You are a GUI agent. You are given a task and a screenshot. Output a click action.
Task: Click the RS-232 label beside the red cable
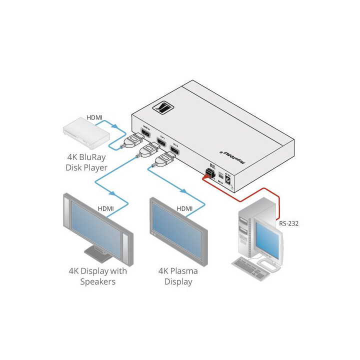289,223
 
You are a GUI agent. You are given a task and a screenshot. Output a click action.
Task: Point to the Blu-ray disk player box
85,132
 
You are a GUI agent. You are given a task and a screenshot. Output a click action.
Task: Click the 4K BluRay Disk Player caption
86,162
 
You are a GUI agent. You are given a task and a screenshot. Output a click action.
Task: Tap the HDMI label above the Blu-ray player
94,117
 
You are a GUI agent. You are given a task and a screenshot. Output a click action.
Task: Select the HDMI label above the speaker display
105,208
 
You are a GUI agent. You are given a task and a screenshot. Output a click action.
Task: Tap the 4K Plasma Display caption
177,276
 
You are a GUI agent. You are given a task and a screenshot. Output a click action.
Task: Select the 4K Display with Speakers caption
97,276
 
